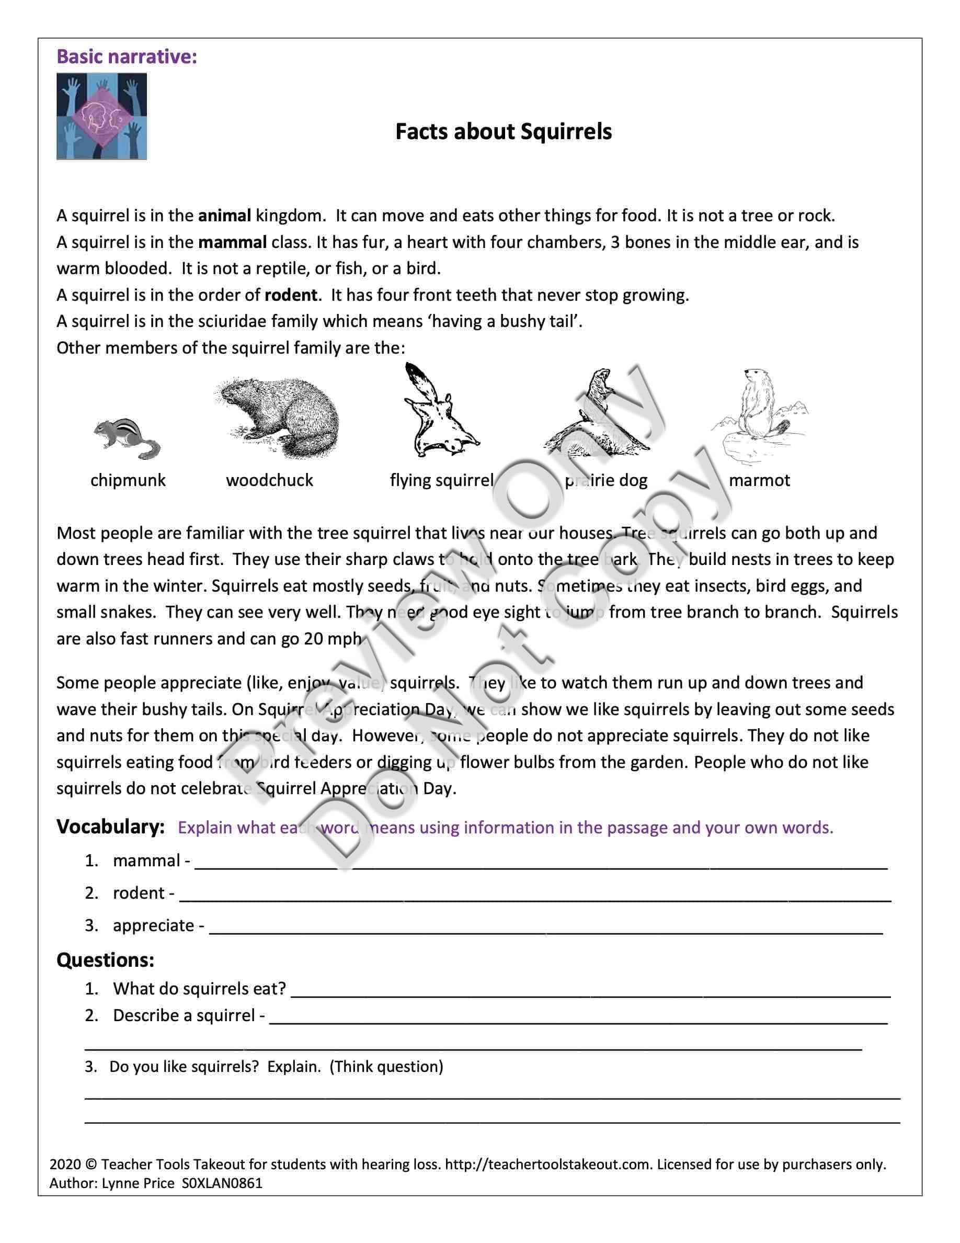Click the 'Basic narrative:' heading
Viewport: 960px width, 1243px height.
click(x=127, y=57)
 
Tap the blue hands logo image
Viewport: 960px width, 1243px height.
click(x=102, y=116)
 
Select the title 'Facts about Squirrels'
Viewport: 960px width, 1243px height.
click(x=504, y=131)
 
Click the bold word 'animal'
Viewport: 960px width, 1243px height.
click(x=225, y=216)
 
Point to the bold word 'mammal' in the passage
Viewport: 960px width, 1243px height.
click(x=232, y=242)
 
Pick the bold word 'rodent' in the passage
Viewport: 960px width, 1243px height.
click(x=291, y=295)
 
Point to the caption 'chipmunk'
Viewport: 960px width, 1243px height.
click(x=128, y=480)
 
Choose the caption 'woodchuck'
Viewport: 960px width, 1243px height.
click(x=270, y=480)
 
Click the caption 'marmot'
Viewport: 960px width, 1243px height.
click(x=759, y=480)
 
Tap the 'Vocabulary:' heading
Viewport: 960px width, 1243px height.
click(x=110, y=827)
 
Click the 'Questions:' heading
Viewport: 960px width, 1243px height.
click(x=105, y=960)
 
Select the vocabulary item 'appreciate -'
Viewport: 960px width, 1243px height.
click(x=158, y=925)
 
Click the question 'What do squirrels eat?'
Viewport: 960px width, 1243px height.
click(x=199, y=989)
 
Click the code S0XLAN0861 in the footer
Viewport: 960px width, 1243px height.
click(x=222, y=1183)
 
